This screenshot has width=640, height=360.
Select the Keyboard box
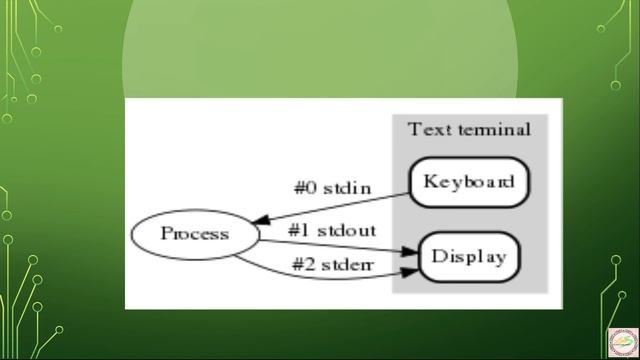469,182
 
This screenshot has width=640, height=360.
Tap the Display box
469,257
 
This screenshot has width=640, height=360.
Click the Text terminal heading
469,130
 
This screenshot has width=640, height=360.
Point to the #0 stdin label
332,186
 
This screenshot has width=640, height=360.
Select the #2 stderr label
331,264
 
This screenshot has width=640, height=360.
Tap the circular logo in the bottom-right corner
621,340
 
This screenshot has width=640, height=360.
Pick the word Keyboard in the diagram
469,182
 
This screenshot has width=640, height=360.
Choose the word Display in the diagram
469,257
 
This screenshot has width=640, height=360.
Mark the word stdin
348,186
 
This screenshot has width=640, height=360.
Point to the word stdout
346,229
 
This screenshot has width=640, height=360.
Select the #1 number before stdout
299,229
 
